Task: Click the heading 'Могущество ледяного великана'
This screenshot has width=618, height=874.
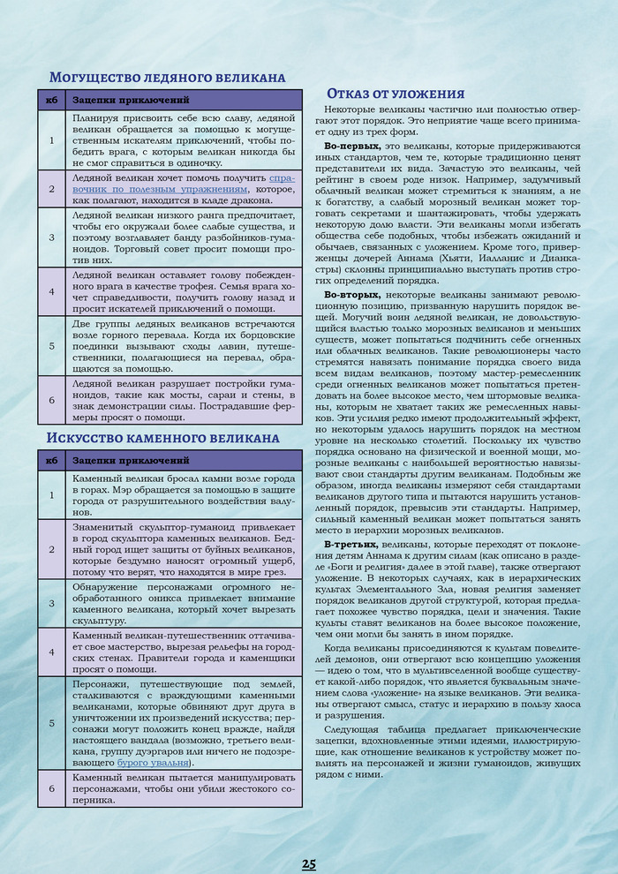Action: [167, 77]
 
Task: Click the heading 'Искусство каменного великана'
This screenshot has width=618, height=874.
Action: [162, 438]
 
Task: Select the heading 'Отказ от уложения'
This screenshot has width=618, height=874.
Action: [396, 94]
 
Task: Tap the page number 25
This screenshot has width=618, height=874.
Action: [309, 863]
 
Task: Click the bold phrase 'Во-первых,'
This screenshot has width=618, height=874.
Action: [353, 145]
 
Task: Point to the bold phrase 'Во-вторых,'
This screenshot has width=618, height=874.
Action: [353, 294]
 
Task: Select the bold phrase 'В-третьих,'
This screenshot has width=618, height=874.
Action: [352, 545]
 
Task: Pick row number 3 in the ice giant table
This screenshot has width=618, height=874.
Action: [52, 237]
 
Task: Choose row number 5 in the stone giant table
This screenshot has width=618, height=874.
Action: [52, 722]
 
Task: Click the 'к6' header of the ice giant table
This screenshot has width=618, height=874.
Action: [52, 100]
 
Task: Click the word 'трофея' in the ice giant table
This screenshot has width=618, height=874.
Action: [229, 289]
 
